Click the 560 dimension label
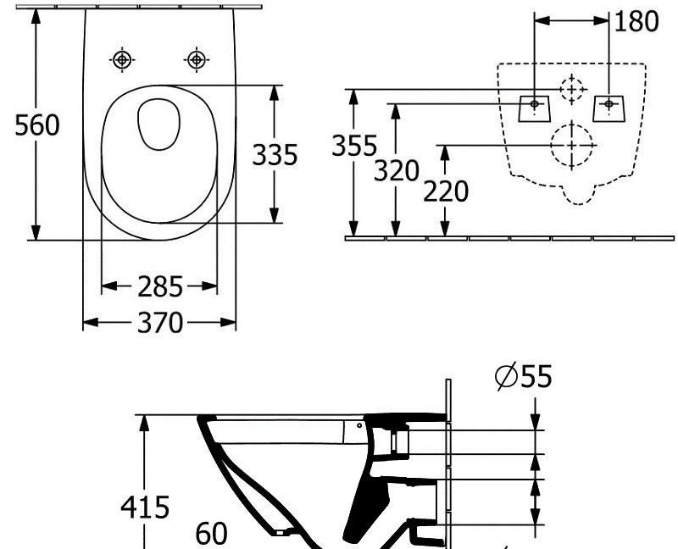(x=39, y=125)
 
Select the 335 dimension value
(x=275, y=155)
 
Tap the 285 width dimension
(x=160, y=287)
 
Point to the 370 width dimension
(x=160, y=323)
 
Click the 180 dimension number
(x=636, y=22)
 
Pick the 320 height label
(x=397, y=170)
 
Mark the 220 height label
(x=446, y=192)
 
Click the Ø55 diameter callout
(x=523, y=375)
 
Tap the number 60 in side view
(x=212, y=534)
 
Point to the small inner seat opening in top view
(x=159, y=124)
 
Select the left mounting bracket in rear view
(x=535, y=108)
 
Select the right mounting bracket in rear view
(x=608, y=108)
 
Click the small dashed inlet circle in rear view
(x=572, y=87)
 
